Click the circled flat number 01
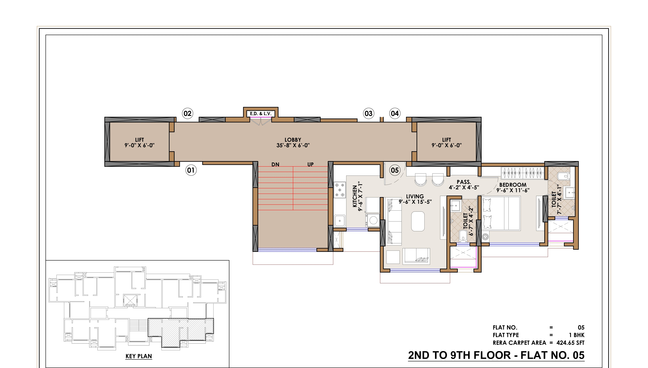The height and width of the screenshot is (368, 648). tap(191, 170)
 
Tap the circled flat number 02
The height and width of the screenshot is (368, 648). tap(187, 113)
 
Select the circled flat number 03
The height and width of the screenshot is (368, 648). tap(368, 113)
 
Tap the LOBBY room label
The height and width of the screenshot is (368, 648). tap(293, 140)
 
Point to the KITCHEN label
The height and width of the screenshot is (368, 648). tap(355, 196)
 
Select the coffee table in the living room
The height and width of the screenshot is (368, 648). tap(418, 221)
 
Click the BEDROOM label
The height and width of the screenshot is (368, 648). tap(513, 185)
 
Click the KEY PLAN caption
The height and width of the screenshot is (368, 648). tap(139, 356)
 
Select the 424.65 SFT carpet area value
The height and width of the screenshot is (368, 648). tap(570, 343)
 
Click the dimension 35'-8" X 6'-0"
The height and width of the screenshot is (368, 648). tap(293, 145)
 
